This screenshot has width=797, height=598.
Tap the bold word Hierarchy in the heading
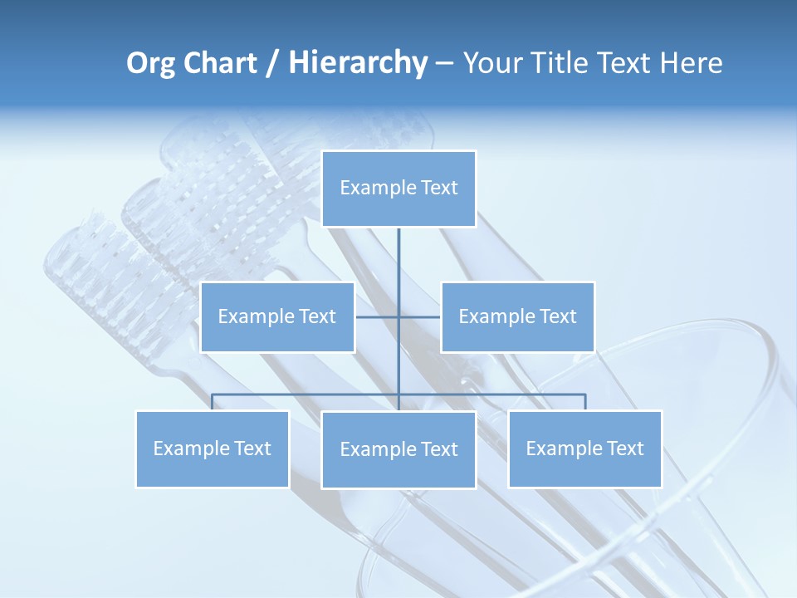[x=358, y=63]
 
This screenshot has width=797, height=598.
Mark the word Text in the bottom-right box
[x=625, y=448]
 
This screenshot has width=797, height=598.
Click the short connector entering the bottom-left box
[x=213, y=402]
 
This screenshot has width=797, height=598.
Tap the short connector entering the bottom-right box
[x=585, y=402]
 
